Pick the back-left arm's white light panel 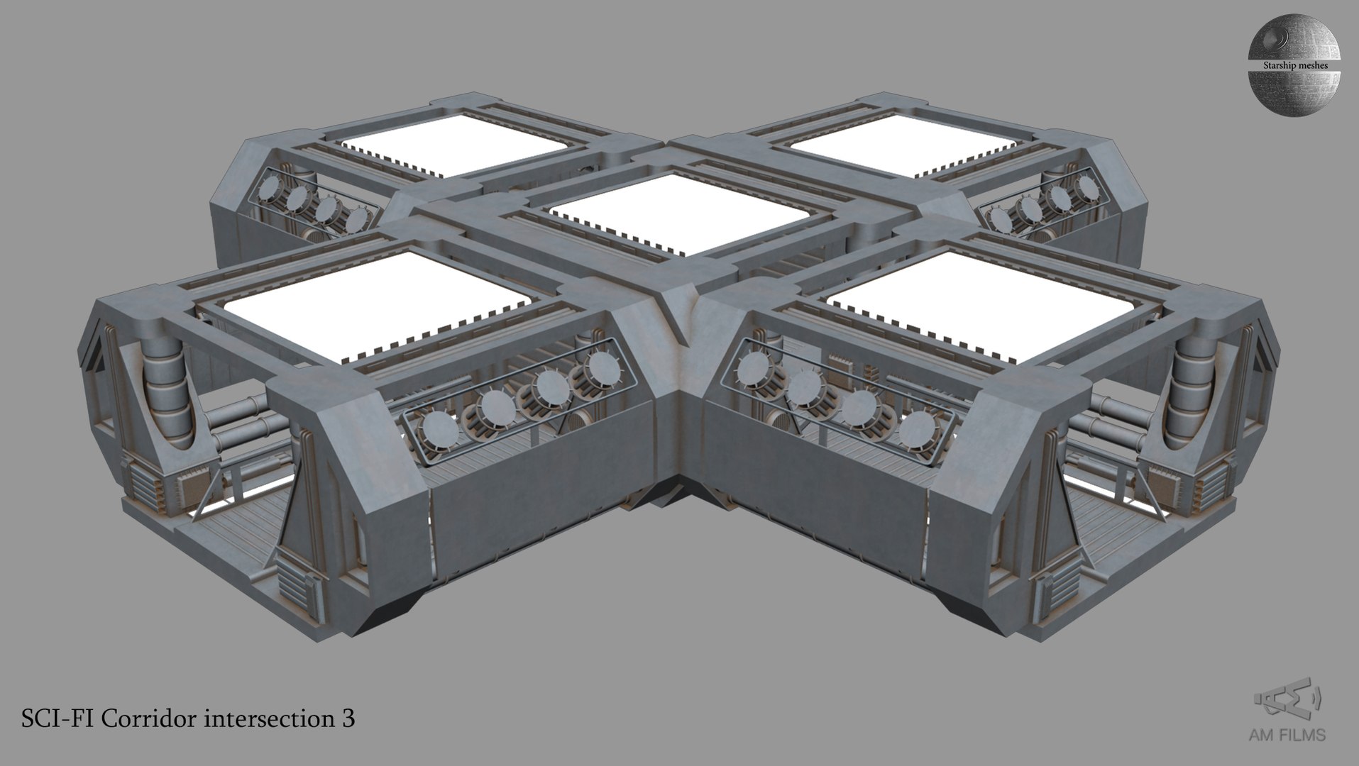pyautogui.click(x=454, y=145)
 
